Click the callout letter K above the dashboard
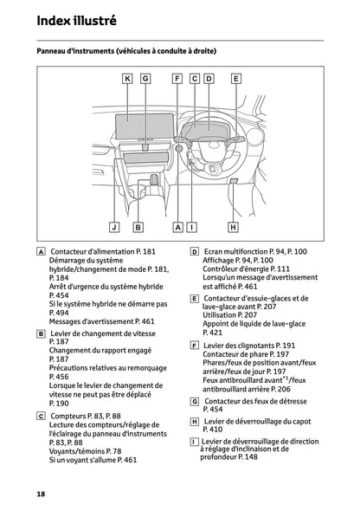tap(127, 79)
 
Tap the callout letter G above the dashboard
tap(145, 79)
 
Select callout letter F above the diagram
tap(177, 79)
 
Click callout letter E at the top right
tap(235, 79)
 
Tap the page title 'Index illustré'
tap(75, 19)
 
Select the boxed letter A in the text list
tap(42, 251)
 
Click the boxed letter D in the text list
tap(195, 251)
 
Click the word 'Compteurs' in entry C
tap(67, 416)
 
